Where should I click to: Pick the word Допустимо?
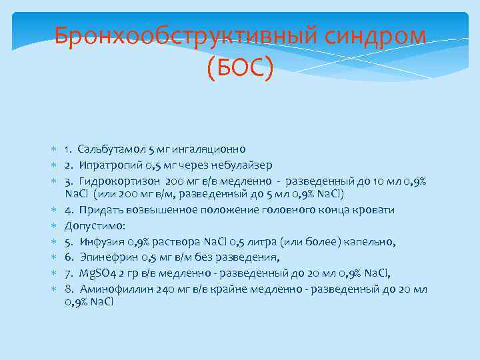tap(91, 226)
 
